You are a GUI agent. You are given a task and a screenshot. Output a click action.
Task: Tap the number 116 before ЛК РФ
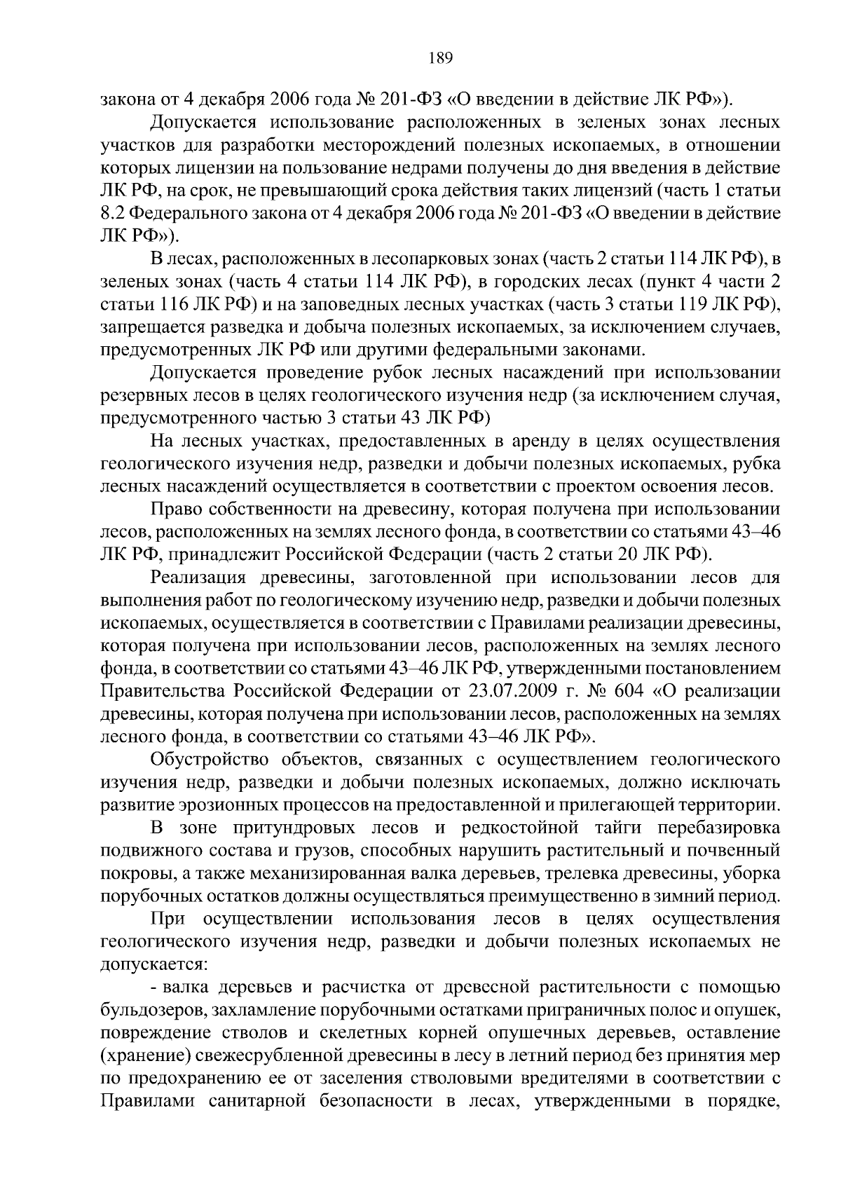coord(161,304)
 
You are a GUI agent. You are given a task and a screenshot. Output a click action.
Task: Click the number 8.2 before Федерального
coord(115,214)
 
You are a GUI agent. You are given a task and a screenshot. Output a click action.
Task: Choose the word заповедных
coord(361,304)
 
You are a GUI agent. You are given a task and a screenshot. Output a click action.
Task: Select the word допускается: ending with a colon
coord(153,964)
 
